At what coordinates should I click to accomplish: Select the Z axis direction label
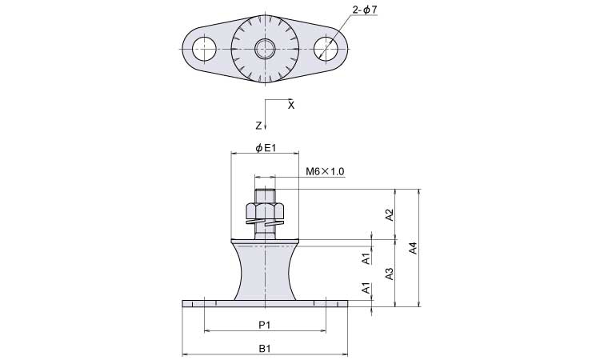point(258,126)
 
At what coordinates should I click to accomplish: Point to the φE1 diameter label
point(265,148)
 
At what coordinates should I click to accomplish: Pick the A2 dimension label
point(390,214)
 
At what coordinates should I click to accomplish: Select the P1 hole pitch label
point(265,325)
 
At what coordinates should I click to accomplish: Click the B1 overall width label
point(265,349)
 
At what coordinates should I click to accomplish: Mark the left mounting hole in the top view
point(204,49)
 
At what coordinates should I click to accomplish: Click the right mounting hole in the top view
point(326,49)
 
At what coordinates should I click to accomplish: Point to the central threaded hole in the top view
point(265,49)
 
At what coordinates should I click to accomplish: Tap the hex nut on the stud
point(265,210)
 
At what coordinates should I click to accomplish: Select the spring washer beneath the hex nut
point(265,225)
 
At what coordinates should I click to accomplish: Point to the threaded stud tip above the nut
point(265,194)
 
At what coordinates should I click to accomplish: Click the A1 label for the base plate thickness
point(366,289)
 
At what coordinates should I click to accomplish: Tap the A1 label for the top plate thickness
point(366,258)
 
